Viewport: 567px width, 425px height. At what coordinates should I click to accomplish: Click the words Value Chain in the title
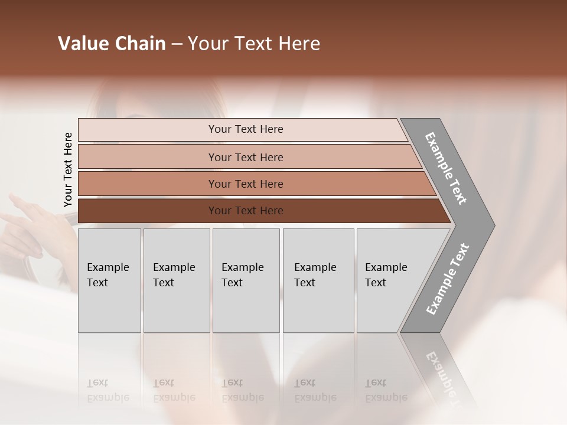pos(112,44)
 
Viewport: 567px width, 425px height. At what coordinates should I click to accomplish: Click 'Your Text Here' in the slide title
pos(254,44)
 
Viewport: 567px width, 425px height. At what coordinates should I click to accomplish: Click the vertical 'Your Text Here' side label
pos(68,169)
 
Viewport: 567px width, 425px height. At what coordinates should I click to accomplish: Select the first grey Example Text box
pos(109,280)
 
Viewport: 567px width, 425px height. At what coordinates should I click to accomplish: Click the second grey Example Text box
pos(176,280)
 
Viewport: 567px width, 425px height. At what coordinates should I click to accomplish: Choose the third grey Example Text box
pos(246,280)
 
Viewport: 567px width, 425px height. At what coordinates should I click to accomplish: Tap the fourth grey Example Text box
pos(318,280)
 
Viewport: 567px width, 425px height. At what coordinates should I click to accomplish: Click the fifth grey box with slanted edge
pos(390,280)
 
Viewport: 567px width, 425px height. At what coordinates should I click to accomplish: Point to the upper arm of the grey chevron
pos(446,168)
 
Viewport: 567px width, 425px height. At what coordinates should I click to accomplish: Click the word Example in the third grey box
pos(242,267)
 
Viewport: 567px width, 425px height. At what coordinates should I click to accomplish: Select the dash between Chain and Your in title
pos(177,44)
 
